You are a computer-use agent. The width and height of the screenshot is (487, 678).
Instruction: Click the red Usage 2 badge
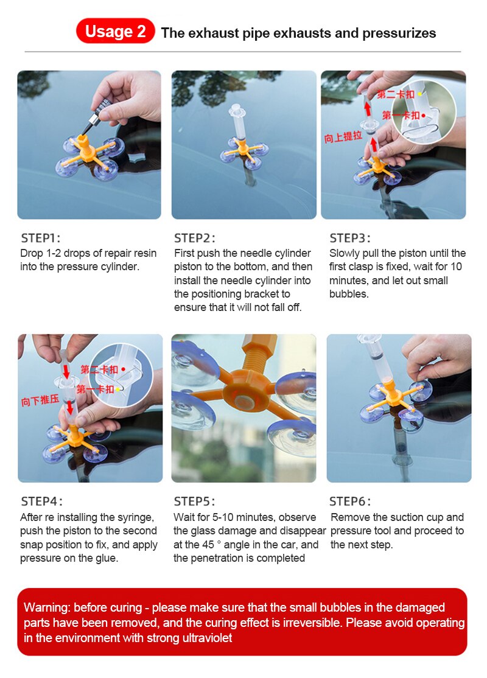click(x=116, y=31)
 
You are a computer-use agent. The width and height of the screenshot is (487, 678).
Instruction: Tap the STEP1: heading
click(x=41, y=238)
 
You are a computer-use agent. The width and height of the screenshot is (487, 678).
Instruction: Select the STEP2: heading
click(x=194, y=238)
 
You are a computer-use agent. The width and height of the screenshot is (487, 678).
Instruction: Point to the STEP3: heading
click(x=350, y=238)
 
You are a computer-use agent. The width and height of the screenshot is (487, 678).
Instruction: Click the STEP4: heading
click(x=42, y=502)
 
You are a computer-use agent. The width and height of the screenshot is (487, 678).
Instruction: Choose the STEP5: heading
click(x=194, y=502)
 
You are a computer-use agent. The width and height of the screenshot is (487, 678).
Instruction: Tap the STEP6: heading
click(x=350, y=502)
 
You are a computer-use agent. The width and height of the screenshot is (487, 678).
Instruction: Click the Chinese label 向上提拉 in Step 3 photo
click(x=343, y=137)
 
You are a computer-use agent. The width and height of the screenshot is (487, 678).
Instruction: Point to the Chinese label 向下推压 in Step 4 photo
click(x=40, y=401)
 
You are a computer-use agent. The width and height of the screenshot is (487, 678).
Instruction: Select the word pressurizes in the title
click(x=399, y=33)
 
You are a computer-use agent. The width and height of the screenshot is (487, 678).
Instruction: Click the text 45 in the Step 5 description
click(x=206, y=545)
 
